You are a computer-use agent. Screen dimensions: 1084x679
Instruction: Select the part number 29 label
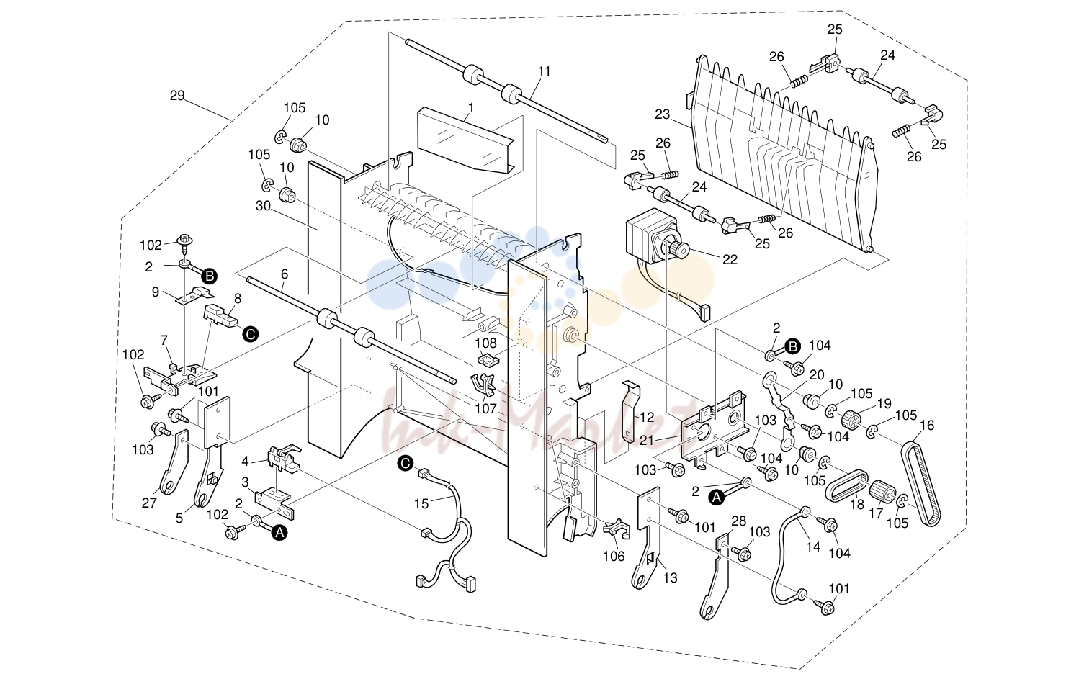(x=177, y=96)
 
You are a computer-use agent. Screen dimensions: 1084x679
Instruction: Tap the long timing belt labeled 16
(x=921, y=484)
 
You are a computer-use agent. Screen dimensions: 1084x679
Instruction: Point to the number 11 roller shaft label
(x=545, y=71)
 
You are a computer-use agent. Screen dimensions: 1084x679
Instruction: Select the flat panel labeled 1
(x=466, y=140)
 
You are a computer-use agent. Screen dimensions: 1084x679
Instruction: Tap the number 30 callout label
(x=263, y=206)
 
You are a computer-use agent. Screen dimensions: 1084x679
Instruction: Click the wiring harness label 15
(x=421, y=503)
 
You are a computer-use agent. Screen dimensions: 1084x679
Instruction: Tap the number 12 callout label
(x=647, y=417)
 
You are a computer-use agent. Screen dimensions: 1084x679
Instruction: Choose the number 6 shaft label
(x=285, y=274)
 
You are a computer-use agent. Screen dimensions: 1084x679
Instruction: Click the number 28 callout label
(x=739, y=521)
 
